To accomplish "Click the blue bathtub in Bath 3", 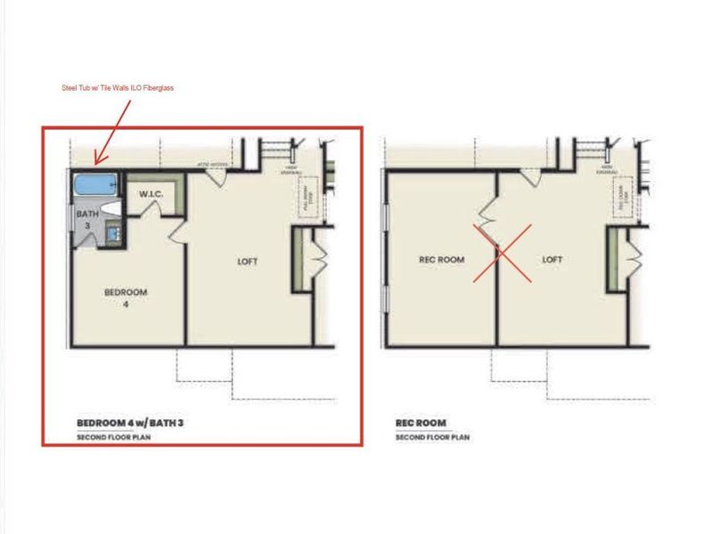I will (x=93, y=185).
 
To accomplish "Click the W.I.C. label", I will (x=148, y=193).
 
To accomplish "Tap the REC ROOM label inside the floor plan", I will (x=438, y=260).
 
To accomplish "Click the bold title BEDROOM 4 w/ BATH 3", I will (x=130, y=423).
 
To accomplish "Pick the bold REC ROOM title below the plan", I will (x=421, y=423).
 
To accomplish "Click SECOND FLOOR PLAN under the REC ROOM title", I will (x=432, y=437).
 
